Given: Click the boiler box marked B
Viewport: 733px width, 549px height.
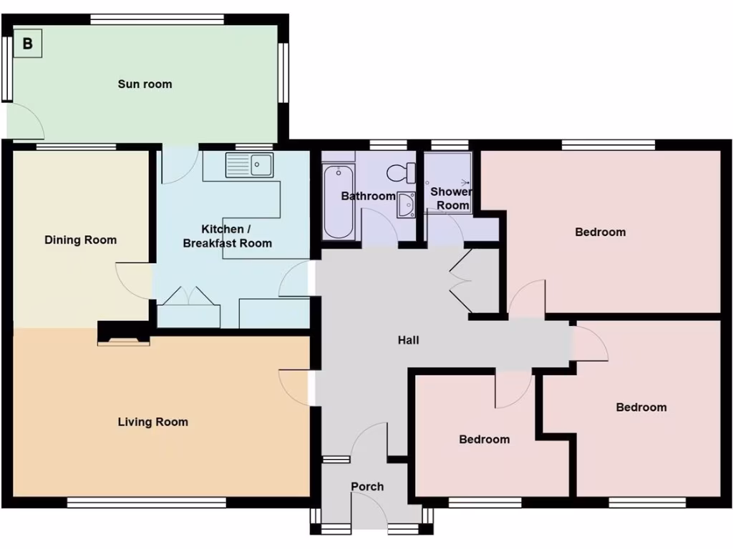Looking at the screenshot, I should coord(28,44).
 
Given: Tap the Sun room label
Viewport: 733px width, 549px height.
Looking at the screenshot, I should coord(145,84).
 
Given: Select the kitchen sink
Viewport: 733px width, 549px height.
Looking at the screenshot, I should coord(248,165).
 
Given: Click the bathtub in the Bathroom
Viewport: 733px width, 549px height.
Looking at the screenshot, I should coord(339,202).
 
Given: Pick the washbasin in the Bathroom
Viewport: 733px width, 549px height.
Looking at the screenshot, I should coord(406,205).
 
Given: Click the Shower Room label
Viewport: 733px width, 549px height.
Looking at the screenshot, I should coord(451,199).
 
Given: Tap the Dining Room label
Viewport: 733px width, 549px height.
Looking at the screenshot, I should coord(80,240).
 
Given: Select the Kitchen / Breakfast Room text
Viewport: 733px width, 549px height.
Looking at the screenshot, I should coord(227,236).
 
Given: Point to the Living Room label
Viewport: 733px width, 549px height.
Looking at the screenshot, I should coord(152,422).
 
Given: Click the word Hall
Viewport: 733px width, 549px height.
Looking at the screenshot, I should coord(408,340).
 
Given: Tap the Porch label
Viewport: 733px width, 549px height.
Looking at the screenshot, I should coord(367,487).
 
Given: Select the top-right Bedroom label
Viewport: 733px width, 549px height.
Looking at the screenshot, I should coord(600,232).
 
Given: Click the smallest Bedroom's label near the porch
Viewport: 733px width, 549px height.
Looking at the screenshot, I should coord(484,440).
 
